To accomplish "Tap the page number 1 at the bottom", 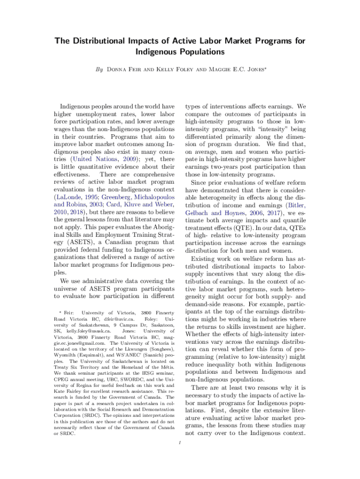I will click(180, 443).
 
